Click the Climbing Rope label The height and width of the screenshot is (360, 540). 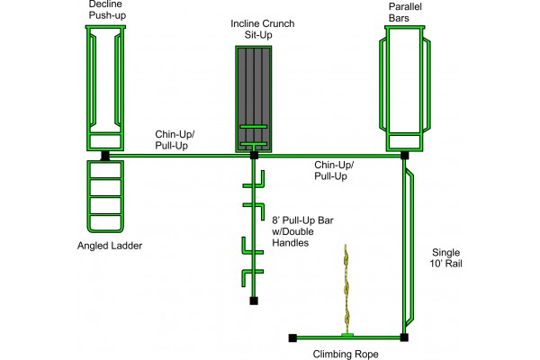coord(346,354)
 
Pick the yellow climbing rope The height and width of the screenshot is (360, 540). coord(346,288)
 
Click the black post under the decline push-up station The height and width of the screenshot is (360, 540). coord(105,156)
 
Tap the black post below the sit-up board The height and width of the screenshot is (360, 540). coord(254,156)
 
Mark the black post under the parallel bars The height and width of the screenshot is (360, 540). coord(404,156)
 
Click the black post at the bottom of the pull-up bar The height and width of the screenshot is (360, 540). coord(254,301)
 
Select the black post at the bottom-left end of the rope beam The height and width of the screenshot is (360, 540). coord(292,337)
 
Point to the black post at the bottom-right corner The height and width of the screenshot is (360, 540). coord(404,337)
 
